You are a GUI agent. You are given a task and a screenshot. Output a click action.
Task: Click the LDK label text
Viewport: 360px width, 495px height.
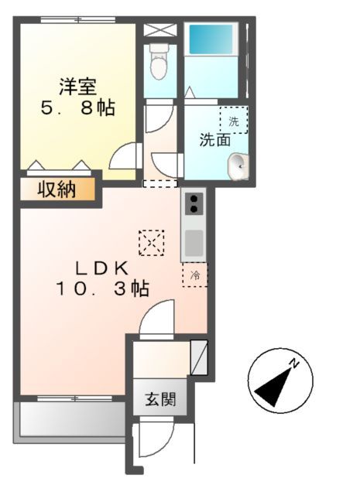click(x=101, y=268)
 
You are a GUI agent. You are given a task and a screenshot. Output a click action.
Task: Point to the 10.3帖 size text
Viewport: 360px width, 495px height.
click(x=101, y=289)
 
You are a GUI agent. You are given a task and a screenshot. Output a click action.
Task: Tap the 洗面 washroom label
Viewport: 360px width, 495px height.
click(x=215, y=140)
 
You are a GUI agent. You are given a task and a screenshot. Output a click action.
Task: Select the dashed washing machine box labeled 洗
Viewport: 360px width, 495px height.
click(x=234, y=120)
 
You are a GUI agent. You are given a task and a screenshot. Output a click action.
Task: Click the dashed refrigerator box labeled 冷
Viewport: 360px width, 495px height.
click(x=194, y=275)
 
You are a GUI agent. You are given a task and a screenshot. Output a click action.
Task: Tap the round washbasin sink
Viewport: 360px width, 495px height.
click(x=238, y=163)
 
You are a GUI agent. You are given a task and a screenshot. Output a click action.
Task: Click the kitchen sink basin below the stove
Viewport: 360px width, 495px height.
click(x=194, y=244)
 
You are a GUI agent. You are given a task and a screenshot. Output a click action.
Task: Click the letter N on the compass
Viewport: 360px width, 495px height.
click(x=295, y=362)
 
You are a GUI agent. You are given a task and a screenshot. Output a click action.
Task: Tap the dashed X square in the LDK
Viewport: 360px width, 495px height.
click(x=151, y=244)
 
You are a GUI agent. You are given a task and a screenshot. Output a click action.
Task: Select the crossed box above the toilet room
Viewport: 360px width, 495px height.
click(x=161, y=31)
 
